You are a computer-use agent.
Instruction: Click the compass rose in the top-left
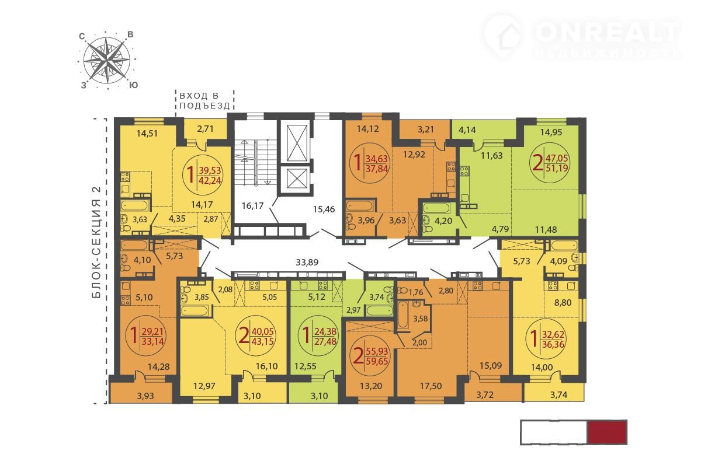[107, 60]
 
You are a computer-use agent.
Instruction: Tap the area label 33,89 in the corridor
[307, 262]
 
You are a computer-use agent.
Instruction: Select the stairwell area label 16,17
[252, 205]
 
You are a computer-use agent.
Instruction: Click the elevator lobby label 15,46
[324, 209]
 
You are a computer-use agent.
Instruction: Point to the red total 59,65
[377, 361]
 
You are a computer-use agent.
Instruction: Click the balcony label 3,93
[145, 396]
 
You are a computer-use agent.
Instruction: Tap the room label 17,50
[431, 386]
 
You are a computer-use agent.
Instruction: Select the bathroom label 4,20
[443, 221]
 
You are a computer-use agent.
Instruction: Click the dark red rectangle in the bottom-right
[607, 432]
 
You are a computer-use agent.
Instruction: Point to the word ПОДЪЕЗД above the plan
[204, 106]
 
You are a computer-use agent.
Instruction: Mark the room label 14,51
[147, 134]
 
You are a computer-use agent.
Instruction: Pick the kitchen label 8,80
[563, 303]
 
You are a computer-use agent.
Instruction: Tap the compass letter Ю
[134, 85]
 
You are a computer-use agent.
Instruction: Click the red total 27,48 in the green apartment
[325, 341]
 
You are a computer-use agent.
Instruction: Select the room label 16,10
[266, 366]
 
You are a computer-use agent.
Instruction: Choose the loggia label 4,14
[467, 130]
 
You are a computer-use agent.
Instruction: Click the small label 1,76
[416, 292]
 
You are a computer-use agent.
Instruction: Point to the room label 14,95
[551, 132]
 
